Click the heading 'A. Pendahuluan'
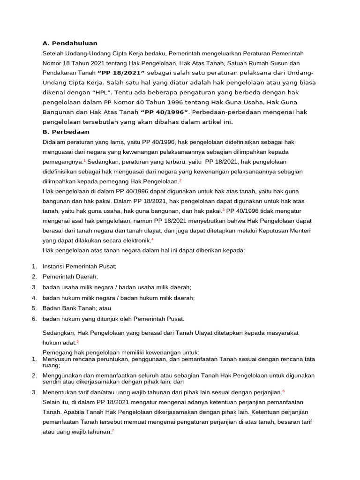pyautogui.click(x=70, y=43)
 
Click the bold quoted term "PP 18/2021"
pyautogui.click(x=121, y=73)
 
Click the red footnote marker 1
pyautogui.click(x=84, y=160)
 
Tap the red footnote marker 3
pyautogui.click(x=224, y=210)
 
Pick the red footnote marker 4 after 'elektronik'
pyautogui.click(x=152, y=239)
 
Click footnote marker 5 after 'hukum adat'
pyautogui.click(x=78, y=342)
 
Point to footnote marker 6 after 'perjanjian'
pyautogui.click(x=284, y=390)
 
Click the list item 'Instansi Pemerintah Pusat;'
pyautogui.click(x=79, y=266)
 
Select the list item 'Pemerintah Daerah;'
pyautogui.click(x=70, y=277)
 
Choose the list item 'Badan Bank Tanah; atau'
pyautogui.click(x=76, y=308)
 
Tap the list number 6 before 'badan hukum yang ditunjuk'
pyautogui.click(x=34, y=319)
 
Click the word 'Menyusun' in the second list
pyautogui.click(x=56, y=359)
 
